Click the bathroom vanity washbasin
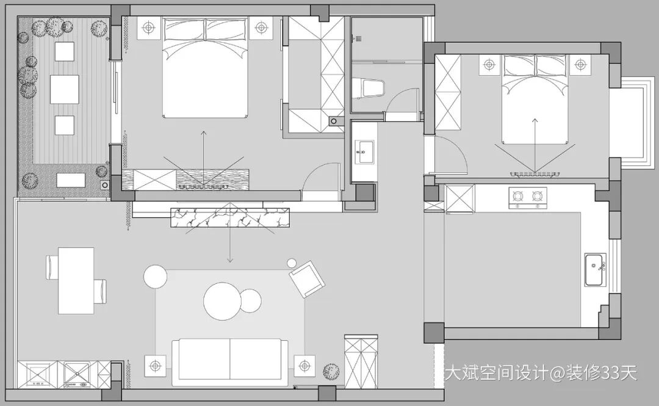pos(365,148)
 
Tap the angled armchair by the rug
pos(308,278)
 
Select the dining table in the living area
pos(76,280)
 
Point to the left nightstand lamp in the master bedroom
pos(149,27)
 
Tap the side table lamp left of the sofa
pos(155,365)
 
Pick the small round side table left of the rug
pos(155,277)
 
